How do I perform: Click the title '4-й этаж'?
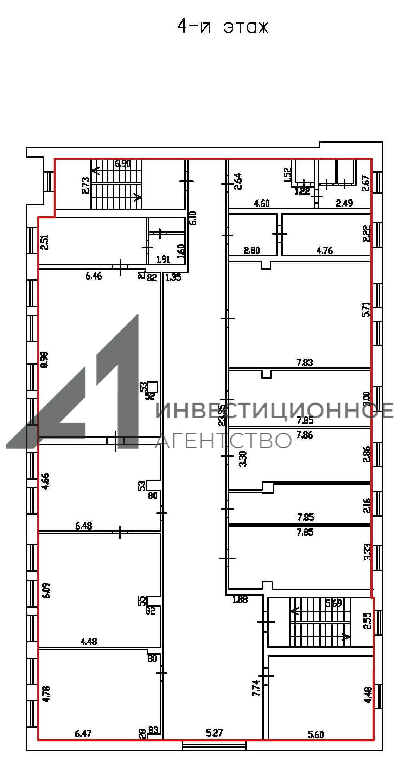click(x=222, y=27)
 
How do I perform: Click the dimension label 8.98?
click(x=45, y=359)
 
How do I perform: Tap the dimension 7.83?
click(x=305, y=362)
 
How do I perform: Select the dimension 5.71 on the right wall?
click(x=366, y=309)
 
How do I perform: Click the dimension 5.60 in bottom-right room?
click(x=316, y=734)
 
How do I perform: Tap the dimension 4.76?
click(x=325, y=250)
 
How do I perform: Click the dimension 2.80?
click(x=252, y=250)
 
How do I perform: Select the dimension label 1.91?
click(x=163, y=259)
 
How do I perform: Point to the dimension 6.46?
click(x=94, y=276)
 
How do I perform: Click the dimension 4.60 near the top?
click(x=262, y=203)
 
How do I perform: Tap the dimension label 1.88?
click(x=240, y=599)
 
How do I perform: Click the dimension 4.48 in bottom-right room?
click(x=368, y=695)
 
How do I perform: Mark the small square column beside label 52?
click(x=153, y=387)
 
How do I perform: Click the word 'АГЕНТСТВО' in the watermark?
click(x=223, y=440)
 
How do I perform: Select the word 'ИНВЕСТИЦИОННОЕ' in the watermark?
click(x=274, y=410)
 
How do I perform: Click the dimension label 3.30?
click(x=243, y=459)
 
